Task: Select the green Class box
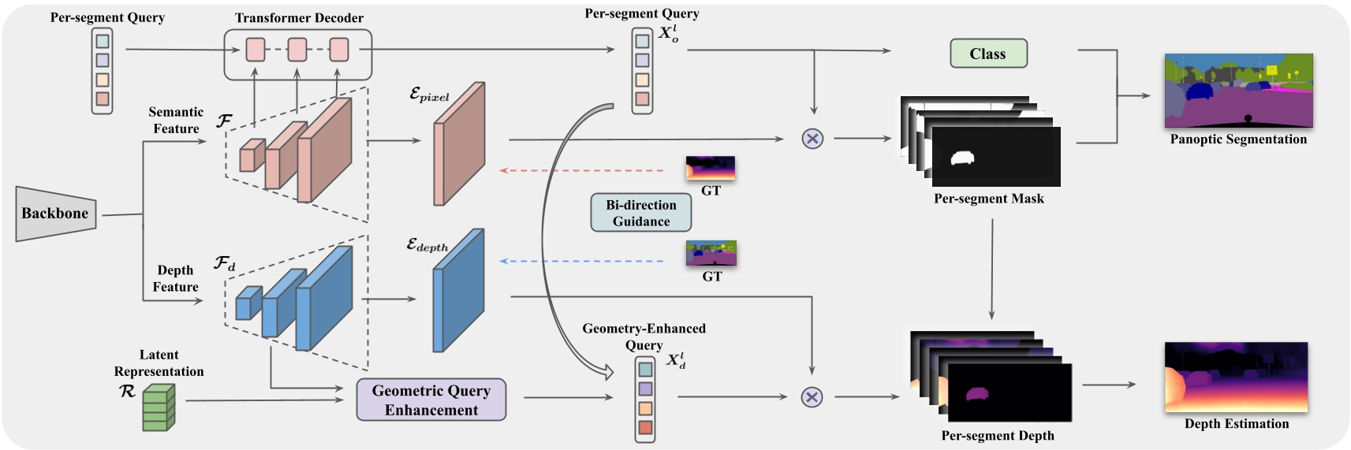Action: (988, 54)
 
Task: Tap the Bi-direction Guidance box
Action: (640, 213)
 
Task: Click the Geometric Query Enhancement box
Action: (431, 400)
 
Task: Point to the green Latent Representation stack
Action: (158, 407)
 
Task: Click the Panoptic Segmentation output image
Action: (1238, 91)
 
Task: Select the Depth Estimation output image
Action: (1236, 377)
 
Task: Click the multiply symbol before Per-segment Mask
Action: (812, 139)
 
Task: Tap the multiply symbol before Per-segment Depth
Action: (812, 396)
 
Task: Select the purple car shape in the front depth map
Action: (977, 393)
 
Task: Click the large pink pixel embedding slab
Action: (458, 145)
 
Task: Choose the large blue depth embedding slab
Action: (457, 292)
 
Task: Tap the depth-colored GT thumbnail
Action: (710, 168)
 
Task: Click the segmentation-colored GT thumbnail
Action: (711, 253)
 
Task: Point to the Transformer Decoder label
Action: (299, 17)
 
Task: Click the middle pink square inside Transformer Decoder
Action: (297, 50)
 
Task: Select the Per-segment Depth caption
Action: (997, 436)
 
